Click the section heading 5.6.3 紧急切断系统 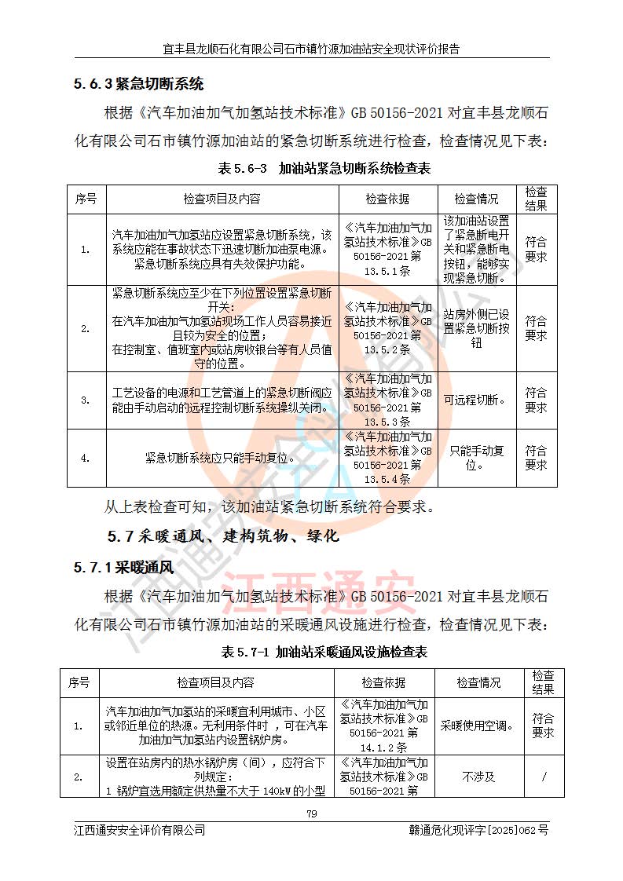point(139,84)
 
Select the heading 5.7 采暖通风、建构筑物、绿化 point(222,537)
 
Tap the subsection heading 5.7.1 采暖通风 point(123,567)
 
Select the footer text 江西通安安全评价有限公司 point(139,829)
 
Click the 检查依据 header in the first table point(387,199)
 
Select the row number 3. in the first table point(86,400)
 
